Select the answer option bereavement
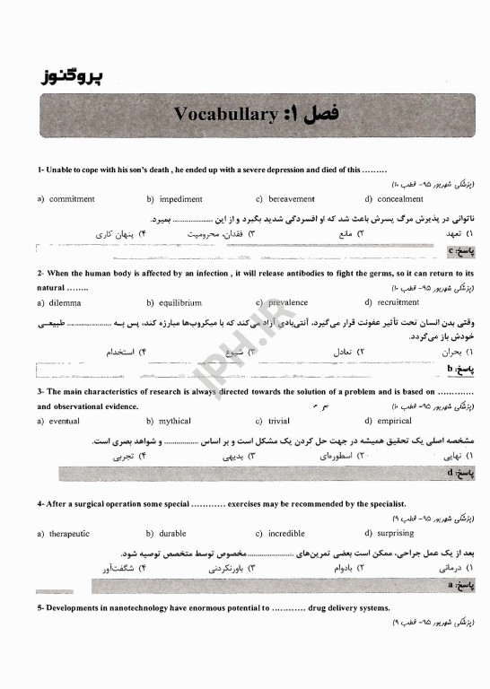291,199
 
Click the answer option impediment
180,199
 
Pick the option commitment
72,199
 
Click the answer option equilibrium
180,303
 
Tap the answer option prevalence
287,303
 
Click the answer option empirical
395,421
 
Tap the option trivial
279,421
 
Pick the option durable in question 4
172,533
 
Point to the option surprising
396,533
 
